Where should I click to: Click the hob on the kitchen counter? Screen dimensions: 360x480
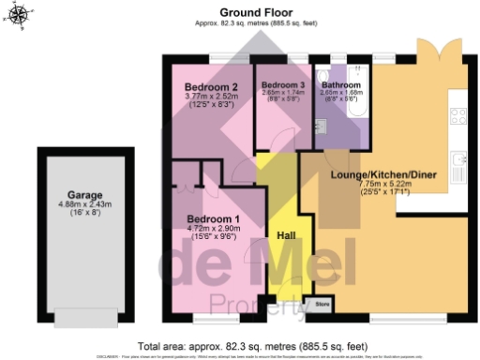point(459,116)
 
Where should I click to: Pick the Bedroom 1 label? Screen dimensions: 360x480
point(214,219)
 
